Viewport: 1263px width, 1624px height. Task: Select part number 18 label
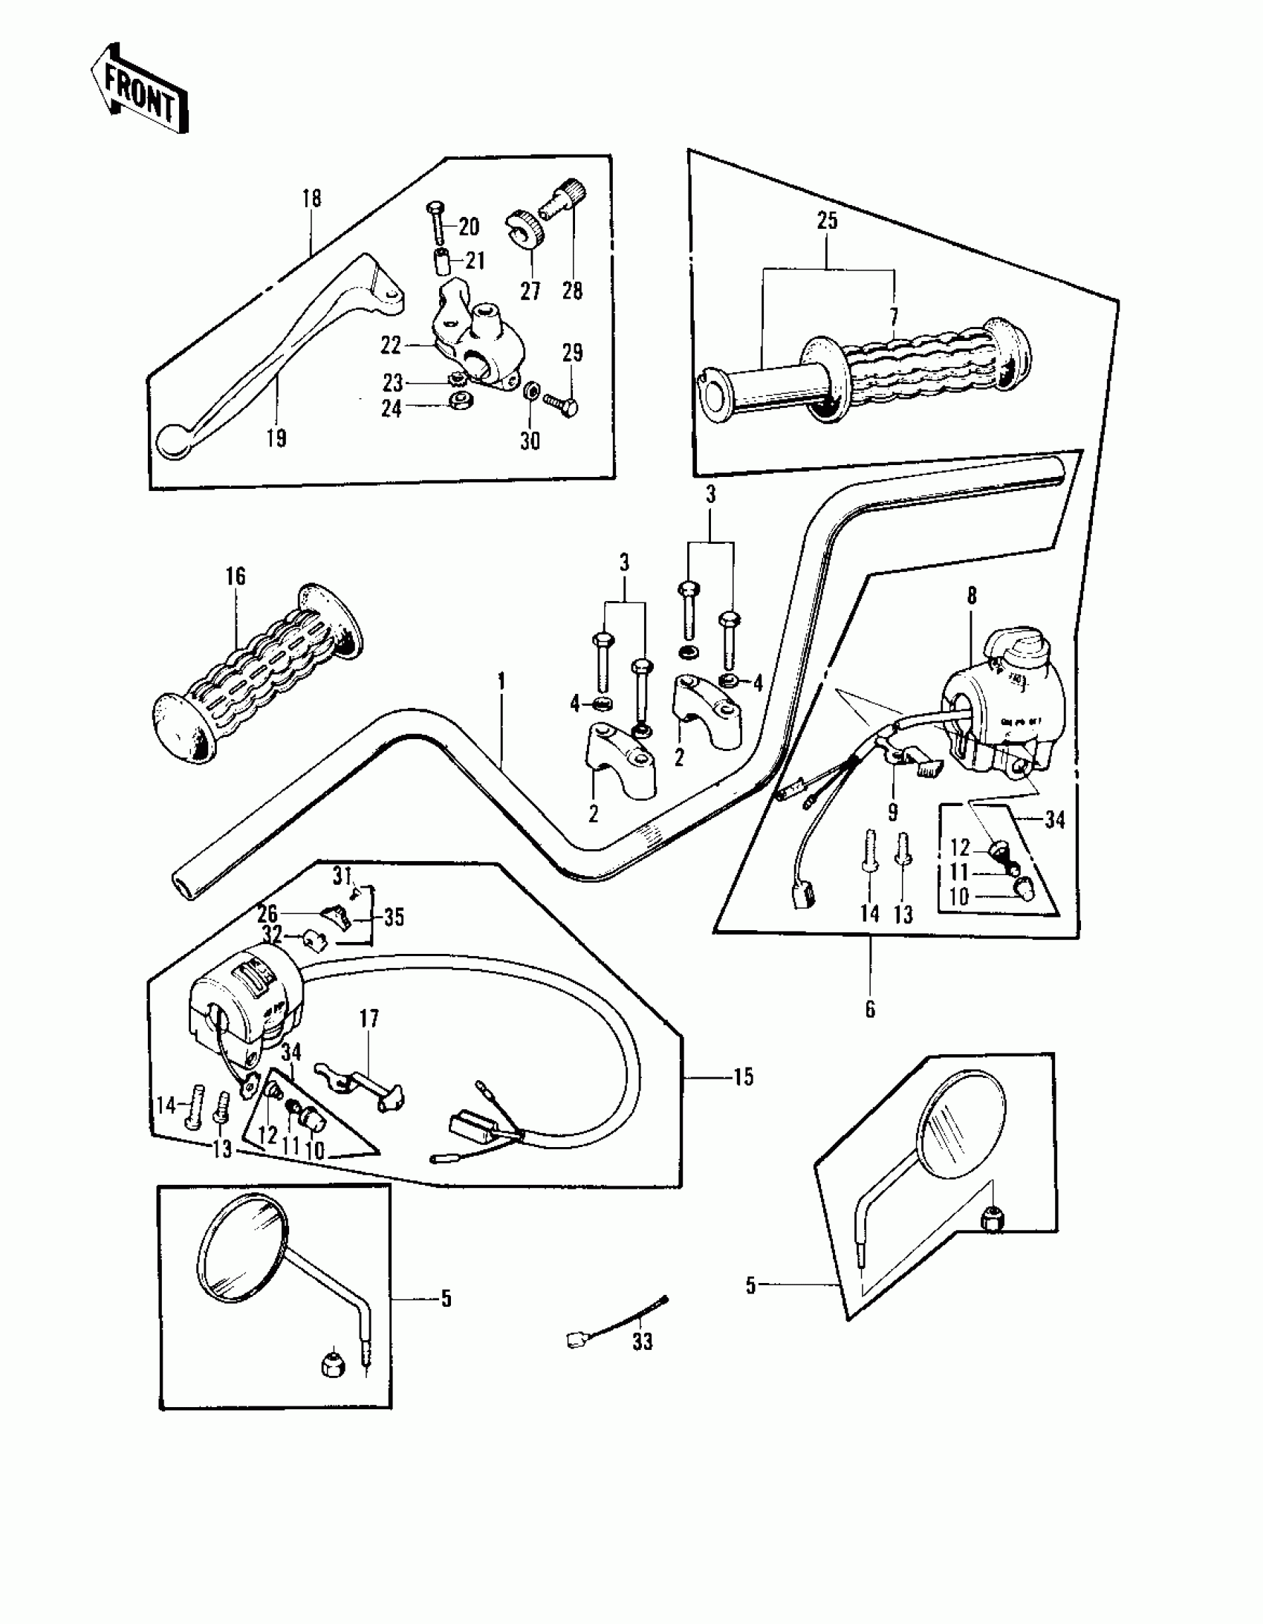311,198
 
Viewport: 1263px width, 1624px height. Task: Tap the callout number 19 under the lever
276,438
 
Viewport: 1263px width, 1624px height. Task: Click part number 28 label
572,290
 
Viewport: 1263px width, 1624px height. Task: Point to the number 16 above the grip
235,576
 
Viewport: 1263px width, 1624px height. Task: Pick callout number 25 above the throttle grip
827,220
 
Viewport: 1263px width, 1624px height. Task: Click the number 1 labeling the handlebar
501,681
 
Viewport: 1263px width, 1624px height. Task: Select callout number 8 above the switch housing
972,596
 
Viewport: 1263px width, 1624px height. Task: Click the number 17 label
369,1018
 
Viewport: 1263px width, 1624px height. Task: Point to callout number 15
743,1076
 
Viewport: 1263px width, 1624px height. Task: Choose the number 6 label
870,1009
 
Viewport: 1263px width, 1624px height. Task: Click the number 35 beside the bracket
394,917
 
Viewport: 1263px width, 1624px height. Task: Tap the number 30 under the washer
530,441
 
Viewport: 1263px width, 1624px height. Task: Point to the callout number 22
391,344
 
